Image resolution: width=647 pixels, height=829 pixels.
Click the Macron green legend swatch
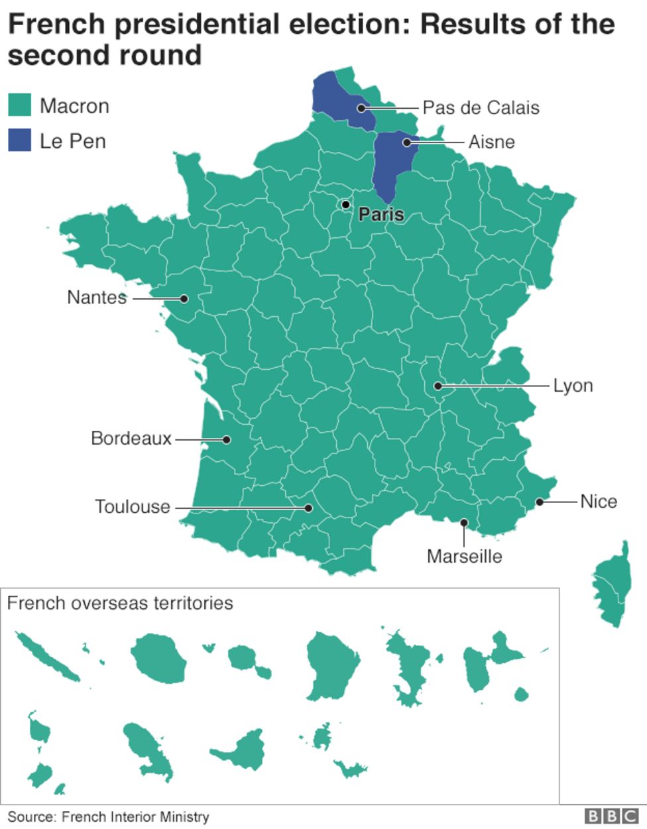coord(19,105)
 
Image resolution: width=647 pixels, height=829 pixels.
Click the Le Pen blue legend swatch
coord(19,140)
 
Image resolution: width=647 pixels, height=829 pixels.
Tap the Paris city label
coord(381,215)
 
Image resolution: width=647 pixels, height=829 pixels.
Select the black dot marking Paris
coord(345,205)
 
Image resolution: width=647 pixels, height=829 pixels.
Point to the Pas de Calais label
coord(481,108)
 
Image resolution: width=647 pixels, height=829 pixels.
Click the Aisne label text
coord(491,142)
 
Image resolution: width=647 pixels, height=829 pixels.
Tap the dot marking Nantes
coord(185,299)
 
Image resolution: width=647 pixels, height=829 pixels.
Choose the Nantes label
coord(97,297)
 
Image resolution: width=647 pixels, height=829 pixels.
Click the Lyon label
coord(573,386)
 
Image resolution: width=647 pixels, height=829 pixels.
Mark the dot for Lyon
coord(438,386)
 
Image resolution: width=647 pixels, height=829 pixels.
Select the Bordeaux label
coord(131,439)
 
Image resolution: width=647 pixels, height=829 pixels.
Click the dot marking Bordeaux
coord(226,439)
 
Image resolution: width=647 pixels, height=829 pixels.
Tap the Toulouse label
coord(133,507)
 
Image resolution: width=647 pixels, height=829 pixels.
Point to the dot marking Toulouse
coord(308,508)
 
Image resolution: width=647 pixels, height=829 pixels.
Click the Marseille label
coord(464,556)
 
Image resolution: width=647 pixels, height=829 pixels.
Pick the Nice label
coord(599,502)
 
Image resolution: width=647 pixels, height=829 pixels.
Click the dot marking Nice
coord(540,502)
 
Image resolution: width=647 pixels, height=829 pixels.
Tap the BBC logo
coord(611,816)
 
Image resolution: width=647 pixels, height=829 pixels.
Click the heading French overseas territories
coord(120,603)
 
